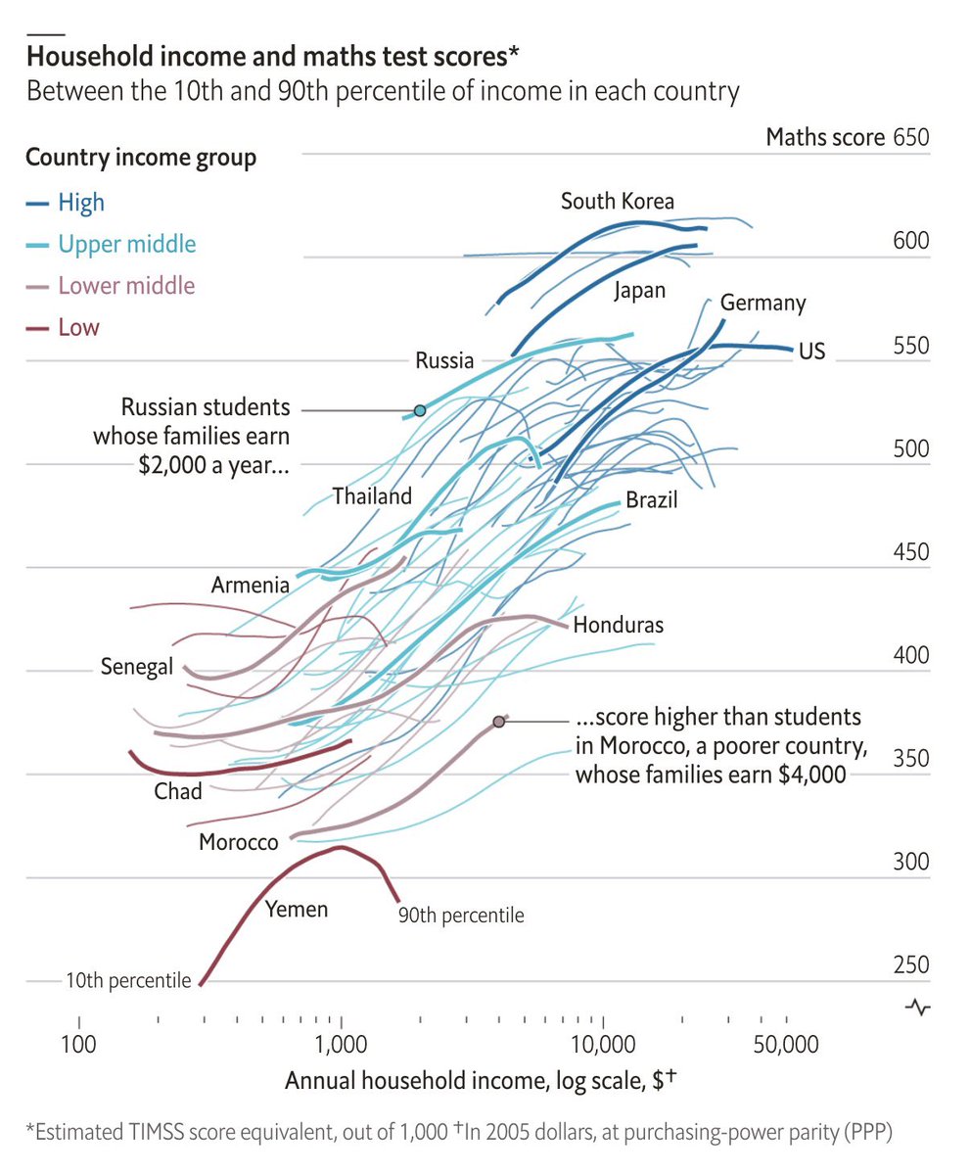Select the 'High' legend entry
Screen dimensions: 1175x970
(80, 203)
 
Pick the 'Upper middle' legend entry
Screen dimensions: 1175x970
(126, 244)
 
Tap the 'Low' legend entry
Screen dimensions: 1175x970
(78, 327)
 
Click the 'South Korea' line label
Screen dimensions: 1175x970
(617, 202)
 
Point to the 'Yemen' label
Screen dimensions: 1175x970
(297, 910)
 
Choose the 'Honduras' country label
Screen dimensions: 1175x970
(619, 625)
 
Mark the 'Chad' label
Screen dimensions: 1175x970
(177, 790)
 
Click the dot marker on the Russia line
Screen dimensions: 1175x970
(420, 410)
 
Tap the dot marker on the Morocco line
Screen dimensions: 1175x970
(499, 722)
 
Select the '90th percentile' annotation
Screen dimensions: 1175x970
(460, 916)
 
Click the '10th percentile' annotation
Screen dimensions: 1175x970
(128, 979)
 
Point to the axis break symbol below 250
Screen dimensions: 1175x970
(918, 1006)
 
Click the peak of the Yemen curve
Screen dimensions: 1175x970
(339, 847)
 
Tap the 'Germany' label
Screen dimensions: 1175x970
(762, 303)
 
